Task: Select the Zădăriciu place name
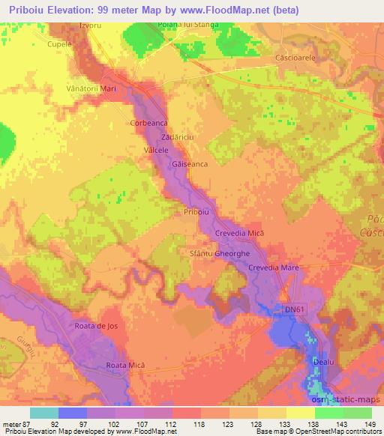[178, 139]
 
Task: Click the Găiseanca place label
[190, 163]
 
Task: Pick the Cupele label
[60, 44]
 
